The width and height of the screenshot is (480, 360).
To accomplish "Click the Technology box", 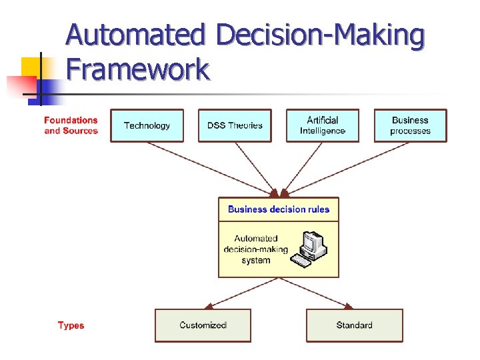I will pyautogui.click(x=147, y=125).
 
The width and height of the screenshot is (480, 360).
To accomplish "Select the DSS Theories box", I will pyautogui.click(x=235, y=125).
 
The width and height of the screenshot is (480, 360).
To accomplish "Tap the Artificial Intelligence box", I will pyautogui.click(x=323, y=125).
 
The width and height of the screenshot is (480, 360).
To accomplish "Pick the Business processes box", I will pyautogui.click(x=410, y=125).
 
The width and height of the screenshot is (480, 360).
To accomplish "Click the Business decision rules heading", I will pyautogui.click(x=279, y=209).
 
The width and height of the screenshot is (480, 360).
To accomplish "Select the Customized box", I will pyautogui.click(x=203, y=325).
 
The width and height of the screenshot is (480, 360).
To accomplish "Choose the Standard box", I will pyautogui.click(x=355, y=325).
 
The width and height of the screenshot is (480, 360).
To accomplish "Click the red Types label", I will pyautogui.click(x=71, y=325).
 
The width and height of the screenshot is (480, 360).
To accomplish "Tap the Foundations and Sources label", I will pyautogui.click(x=71, y=125).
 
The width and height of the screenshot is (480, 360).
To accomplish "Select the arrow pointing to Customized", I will pyautogui.click(x=240, y=293).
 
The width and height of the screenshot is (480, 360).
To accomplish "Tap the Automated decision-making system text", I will pyautogui.click(x=256, y=249).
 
